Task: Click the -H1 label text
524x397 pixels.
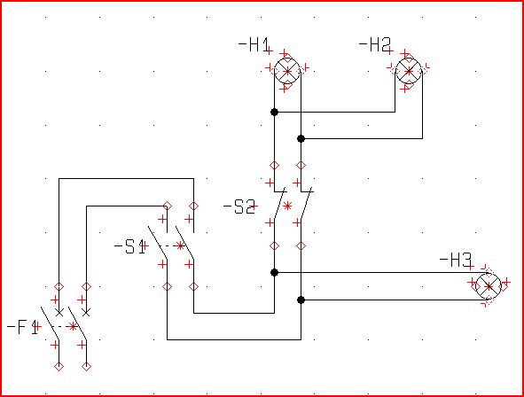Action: point(254,44)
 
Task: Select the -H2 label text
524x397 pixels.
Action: point(374,44)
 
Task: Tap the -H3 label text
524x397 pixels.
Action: point(455,261)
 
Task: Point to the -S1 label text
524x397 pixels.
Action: point(129,246)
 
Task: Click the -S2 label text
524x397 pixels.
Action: point(239,206)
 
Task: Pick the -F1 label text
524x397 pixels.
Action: point(22,327)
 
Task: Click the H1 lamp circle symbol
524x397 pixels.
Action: point(287,71)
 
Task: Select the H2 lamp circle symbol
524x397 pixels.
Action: point(409,71)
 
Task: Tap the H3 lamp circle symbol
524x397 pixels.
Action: point(489,286)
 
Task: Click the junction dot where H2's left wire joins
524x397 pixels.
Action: point(274,113)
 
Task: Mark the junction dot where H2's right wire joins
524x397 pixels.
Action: point(301,138)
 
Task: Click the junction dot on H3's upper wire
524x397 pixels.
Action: point(274,272)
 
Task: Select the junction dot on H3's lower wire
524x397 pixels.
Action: point(301,300)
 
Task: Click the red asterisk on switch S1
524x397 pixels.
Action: point(181,246)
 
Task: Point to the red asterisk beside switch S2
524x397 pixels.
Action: point(287,206)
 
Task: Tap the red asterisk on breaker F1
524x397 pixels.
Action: point(73,326)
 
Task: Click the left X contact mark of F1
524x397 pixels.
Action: point(59,313)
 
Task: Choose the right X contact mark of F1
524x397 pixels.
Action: point(86,313)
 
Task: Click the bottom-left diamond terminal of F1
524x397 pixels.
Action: point(59,367)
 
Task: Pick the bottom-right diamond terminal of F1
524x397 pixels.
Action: point(86,367)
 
